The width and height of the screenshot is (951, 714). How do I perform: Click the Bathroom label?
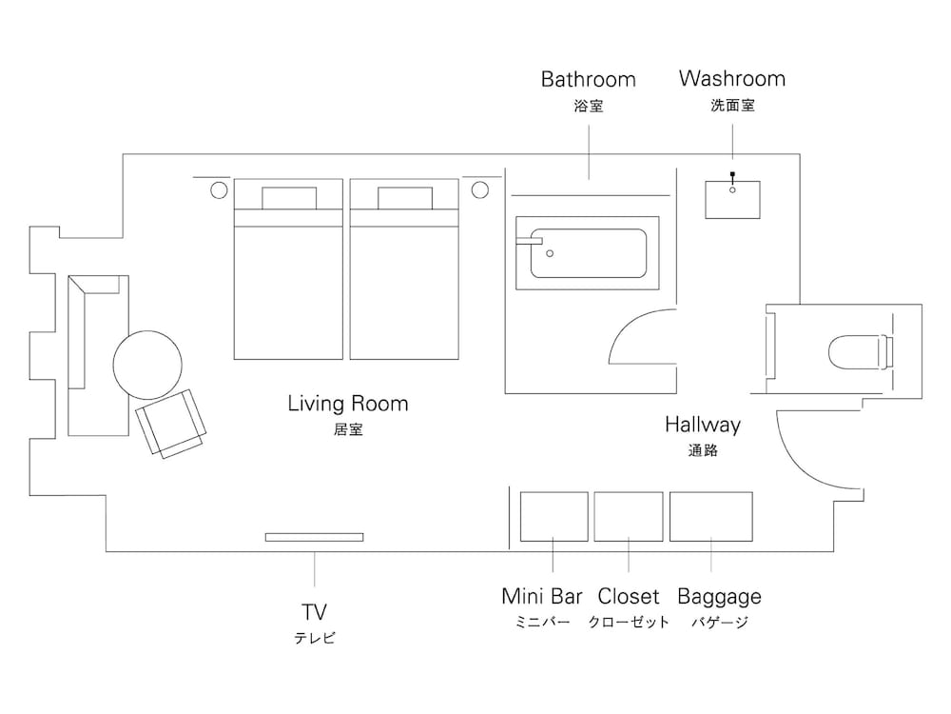click(x=588, y=79)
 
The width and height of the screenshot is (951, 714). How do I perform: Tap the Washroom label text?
click(x=732, y=79)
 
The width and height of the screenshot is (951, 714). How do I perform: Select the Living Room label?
click(x=348, y=404)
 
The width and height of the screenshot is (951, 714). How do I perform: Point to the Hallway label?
click(x=703, y=425)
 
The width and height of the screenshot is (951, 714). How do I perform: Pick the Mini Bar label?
click(x=542, y=597)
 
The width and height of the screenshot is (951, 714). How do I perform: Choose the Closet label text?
click(x=629, y=597)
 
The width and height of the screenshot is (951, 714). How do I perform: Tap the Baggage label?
click(x=719, y=597)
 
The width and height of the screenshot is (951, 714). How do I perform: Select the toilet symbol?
click(x=860, y=351)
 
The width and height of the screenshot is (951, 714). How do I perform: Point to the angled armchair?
click(x=171, y=422)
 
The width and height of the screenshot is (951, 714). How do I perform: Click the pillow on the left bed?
click(x=288, y=198)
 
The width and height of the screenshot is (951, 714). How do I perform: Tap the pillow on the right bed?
click(x=406, y=198)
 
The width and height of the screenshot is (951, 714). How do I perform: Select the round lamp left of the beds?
click(x=218, y=190)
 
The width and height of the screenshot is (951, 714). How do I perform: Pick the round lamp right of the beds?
click(x=479, y=190)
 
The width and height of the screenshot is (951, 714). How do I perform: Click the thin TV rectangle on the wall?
click(x=314, y=537)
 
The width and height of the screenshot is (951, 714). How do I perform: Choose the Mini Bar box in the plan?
click(x=554, y=516)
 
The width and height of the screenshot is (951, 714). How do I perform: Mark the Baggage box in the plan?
click(x=711, y=516)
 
